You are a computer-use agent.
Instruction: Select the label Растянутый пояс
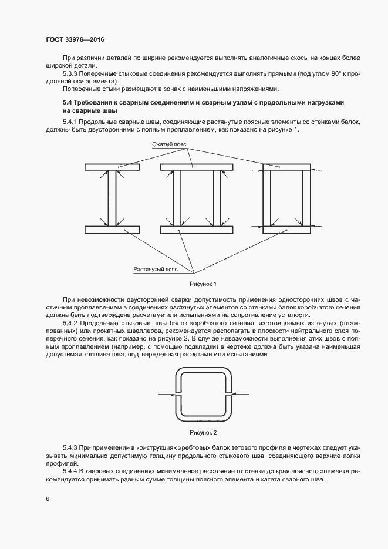[x=156, y=269]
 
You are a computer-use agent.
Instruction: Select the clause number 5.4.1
[x=70, y=121]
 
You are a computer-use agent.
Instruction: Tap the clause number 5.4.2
[x=70, y=324]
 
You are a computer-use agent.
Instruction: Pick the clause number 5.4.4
[x=70, y=471]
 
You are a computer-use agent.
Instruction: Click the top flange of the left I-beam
[x=112, y=167]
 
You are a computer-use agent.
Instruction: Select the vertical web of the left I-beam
[x=112, y=198]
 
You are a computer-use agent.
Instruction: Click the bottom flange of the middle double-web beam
[x=196, y=229]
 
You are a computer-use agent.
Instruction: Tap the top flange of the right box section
[x=286, y=167]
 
